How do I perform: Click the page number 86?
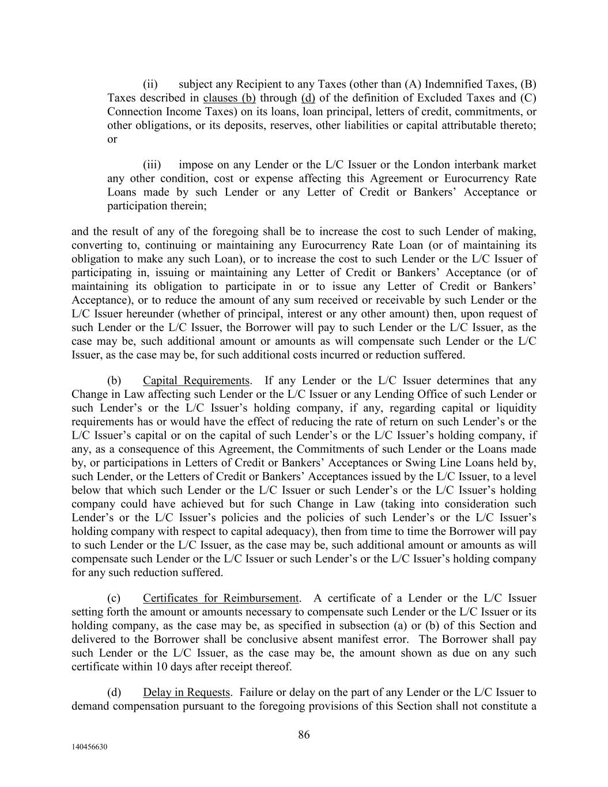click(304, 735)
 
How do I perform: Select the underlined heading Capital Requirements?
click(197, 381)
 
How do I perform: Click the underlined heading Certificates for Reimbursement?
click(221, 598)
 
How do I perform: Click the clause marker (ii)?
click(150, 84)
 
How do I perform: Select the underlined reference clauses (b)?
click(229, 98)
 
